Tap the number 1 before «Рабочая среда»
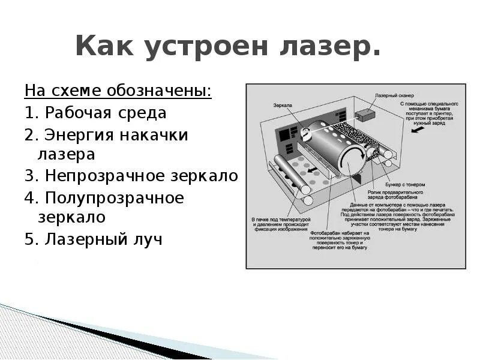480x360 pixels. pos(29,113)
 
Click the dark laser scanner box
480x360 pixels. pos(365,115)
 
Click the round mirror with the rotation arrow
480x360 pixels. pos(306,132)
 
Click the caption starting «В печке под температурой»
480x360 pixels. pos(281,224)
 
